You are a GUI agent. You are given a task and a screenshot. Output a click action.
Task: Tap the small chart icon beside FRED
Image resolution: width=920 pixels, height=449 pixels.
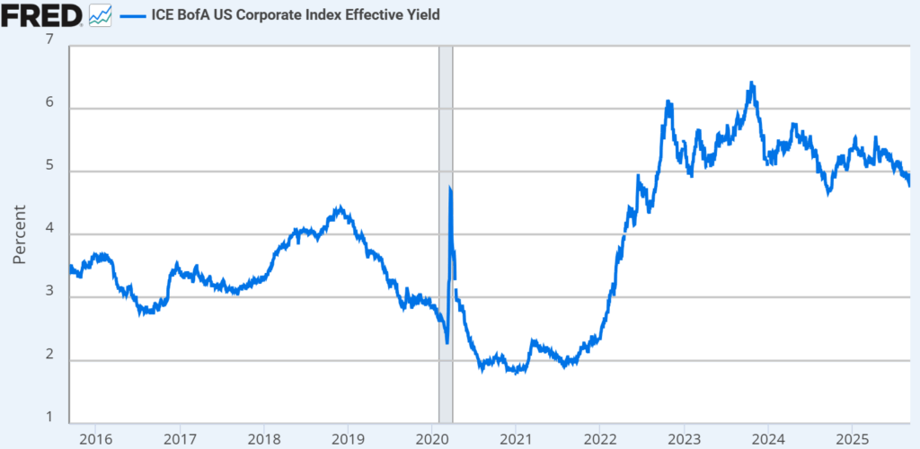[100, 14]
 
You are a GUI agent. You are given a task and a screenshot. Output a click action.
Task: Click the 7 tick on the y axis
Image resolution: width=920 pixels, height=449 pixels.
[49, 40]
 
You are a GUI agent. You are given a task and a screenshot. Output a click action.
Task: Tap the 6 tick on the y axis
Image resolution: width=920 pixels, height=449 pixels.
[49, 103]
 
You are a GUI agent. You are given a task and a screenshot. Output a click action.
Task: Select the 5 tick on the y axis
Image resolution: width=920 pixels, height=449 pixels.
[49, 166]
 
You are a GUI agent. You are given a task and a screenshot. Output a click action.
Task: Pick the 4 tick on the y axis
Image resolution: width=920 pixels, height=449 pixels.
[49, 230]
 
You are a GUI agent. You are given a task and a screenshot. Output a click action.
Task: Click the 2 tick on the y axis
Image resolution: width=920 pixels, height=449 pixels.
[49, 357]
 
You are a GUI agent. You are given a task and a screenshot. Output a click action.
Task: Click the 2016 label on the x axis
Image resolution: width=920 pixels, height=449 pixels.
[95, 439]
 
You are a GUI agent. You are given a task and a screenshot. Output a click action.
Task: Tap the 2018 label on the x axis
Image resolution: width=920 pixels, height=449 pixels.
[263, 439]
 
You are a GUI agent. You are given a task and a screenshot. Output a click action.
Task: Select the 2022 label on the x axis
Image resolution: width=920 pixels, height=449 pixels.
[599, 439]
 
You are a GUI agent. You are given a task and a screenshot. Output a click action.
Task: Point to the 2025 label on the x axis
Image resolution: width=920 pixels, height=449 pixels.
[852, 439]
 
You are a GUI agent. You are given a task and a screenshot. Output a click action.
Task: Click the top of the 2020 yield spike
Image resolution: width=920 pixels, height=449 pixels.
[449, 187]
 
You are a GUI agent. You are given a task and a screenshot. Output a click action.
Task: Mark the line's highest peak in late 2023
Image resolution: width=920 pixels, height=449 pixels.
[751, 84]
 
